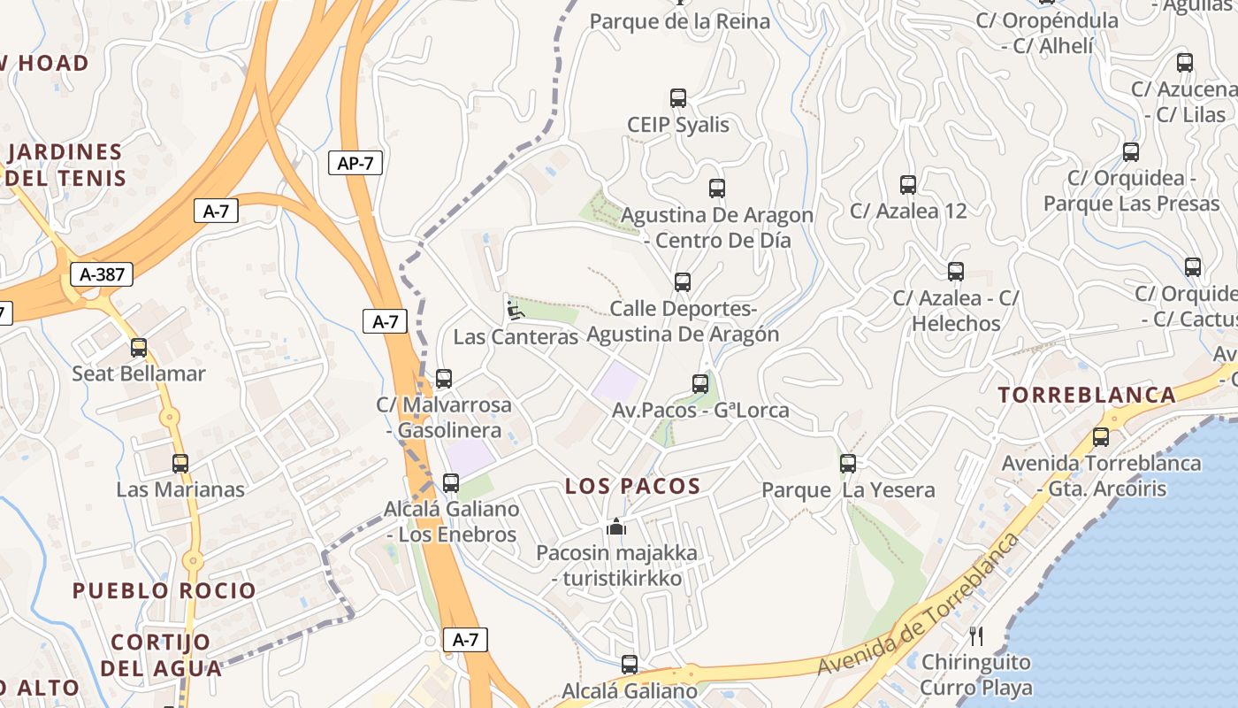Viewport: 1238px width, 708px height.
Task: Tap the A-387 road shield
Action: pyautogui.click(x=102, y=274)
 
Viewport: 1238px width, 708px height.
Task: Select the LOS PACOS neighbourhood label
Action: pyautogui.click(x=632, y=486)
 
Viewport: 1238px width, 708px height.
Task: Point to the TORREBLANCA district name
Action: pyautogui.click(x=1087, y=396)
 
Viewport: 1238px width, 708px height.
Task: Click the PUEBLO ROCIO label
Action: pyautogui.click(x=164, y=590)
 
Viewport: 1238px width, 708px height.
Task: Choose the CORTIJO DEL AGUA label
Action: pyautogui.click(x=161, y=655)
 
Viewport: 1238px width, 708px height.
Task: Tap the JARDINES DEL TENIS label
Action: pyautogui.click(x=65, y=165)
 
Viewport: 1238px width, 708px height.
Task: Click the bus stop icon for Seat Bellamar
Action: pyautogui.click(x=139, y=348)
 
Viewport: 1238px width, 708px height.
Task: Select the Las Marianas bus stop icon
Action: pyautogui.click(x=180, y=463)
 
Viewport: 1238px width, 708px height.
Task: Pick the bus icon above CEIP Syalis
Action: pyautogui.click(x=678, y=98)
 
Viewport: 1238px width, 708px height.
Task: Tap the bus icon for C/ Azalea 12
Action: pyautogui.click(x=908, y=185)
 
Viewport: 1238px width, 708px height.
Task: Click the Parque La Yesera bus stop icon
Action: pyautogui.click(x=848, y=463)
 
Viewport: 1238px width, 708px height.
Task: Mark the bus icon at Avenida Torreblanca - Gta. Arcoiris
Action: pyautogui.click(x=1101, y=436)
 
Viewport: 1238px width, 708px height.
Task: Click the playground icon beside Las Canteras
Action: pyautogui.click(x=515, y=310)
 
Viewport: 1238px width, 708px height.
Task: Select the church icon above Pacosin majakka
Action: pyautogui.click(x=616, y=527)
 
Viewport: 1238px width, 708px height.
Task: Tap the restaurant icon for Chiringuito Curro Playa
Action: pyautogui.click(x=976, y=635)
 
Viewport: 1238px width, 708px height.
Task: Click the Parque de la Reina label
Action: pyautogui.click(x=679, y=21)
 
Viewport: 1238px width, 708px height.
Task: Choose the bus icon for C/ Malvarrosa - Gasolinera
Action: pyautogui.click(x=444, y=379)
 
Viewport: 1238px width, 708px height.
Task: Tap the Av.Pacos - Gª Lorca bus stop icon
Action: pyautogui.click(x=700, y=384)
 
